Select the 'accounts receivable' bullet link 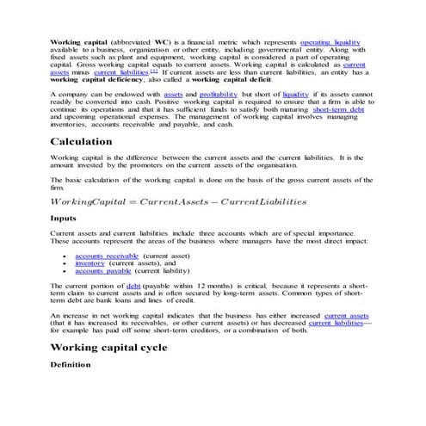106,256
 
